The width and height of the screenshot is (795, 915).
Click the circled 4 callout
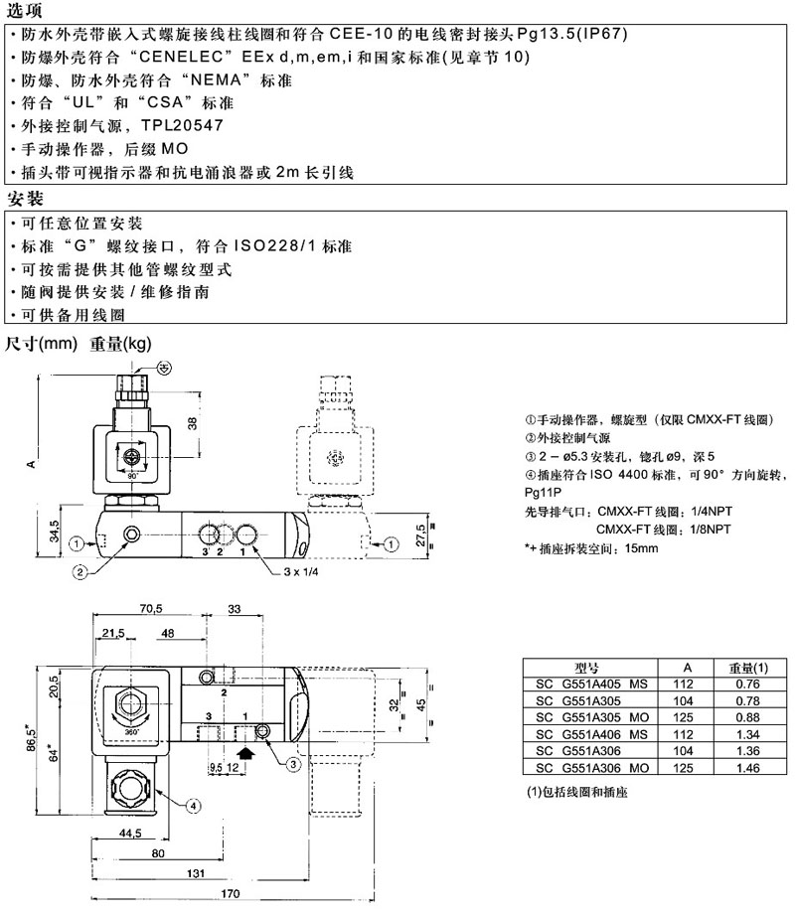pos(195,805)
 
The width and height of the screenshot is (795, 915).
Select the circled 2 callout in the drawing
pos(79,570)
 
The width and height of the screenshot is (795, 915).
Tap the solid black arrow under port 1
pos(247,753)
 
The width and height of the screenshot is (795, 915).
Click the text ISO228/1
pos(276,245)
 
